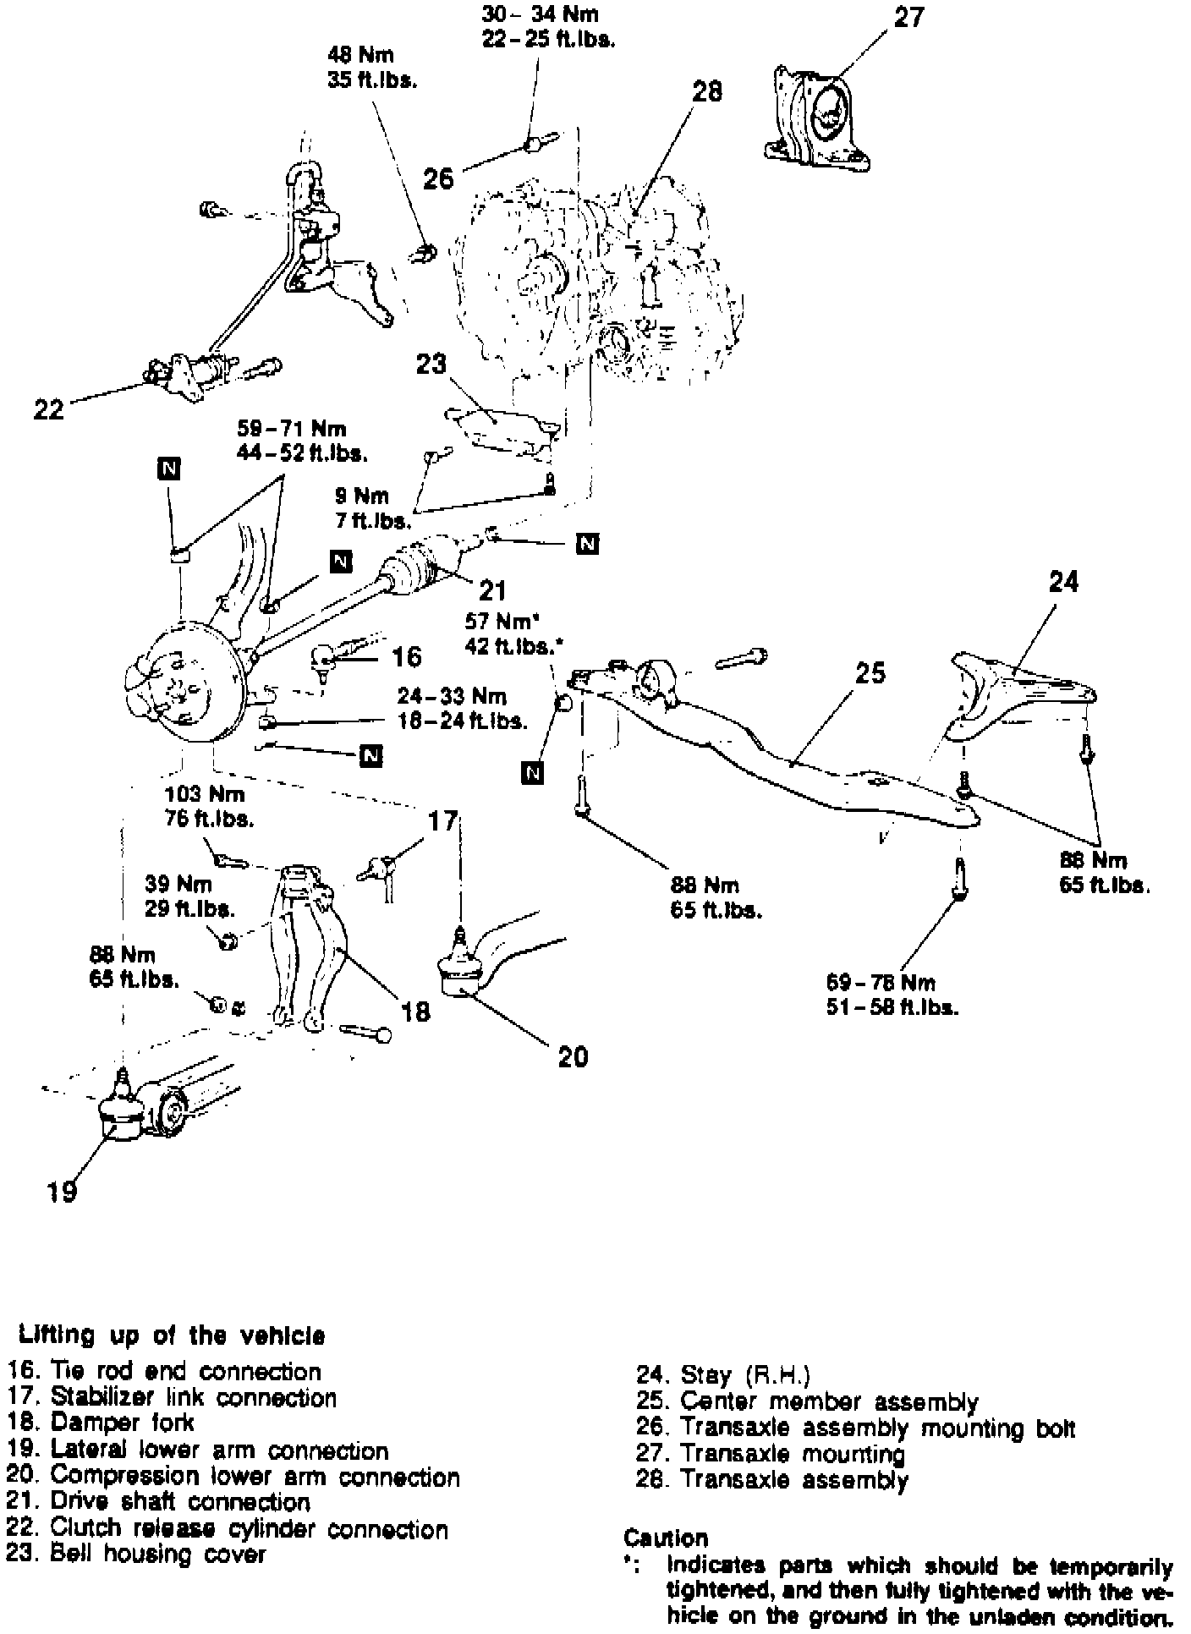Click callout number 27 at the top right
909,18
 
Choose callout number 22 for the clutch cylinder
48,409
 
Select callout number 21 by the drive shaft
492,589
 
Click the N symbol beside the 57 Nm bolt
532,772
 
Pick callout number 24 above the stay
1063,582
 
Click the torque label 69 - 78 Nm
881,983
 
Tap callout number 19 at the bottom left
63,1191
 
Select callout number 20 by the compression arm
574,1056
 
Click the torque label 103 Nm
205,794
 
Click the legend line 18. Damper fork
102,1423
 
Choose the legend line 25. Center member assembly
807,1402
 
